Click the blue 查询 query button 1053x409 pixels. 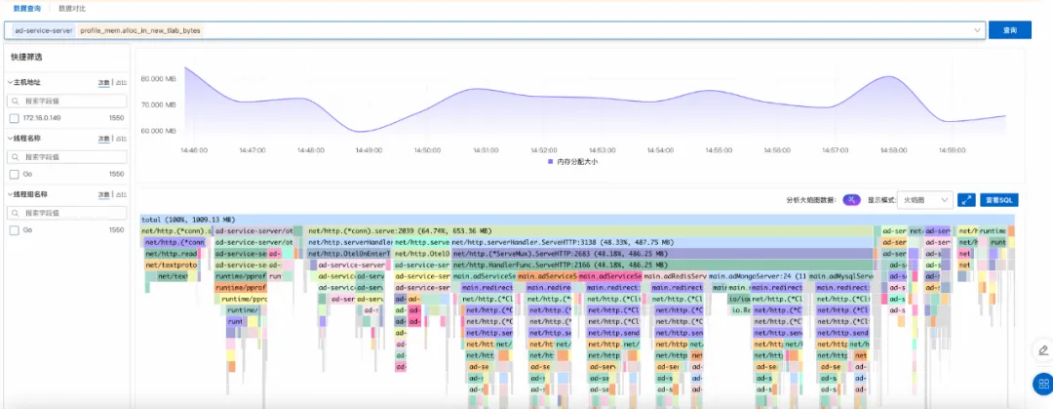click(x=1010, y=30)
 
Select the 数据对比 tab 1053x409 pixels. click(x=72, y=8)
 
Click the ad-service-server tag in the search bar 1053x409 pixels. click(x=43, y=30)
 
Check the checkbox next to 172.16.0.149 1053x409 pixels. click(x=15, y=118)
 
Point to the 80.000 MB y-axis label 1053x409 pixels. click(x=158, y=79)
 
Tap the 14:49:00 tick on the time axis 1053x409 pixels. click(x=369, y=150)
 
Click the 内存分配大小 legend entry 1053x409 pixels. click(x=575, y=162)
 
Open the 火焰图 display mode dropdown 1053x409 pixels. click(x=924, y=199)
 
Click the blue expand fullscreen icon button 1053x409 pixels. click(x=966, y=199)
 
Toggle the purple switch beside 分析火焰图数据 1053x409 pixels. click(x=851, y=199)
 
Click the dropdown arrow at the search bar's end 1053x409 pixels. click(x=977, y=30)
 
